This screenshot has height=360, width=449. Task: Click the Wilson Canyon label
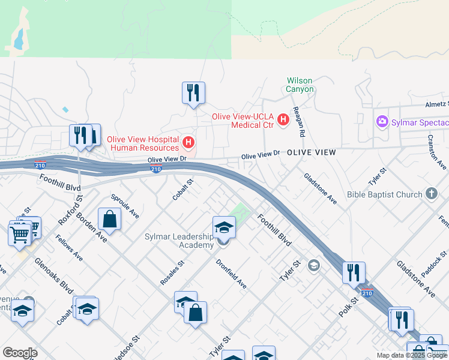click(x=300, y=85)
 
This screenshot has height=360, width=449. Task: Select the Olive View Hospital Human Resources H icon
click(x=189, y=143)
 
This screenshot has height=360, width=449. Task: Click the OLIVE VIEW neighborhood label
click(x=311, y=153)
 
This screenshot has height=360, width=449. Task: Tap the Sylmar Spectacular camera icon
click(x=382, y=122)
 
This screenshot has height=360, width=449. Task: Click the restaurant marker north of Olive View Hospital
click(x=193, y=93)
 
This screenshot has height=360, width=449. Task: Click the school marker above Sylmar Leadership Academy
click(x=224, y=227)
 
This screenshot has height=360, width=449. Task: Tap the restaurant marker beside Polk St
click(x=354, y=272)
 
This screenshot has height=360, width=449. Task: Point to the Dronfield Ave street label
click(x=231, y=273)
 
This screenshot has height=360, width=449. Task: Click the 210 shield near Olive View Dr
click(x=155, y=169)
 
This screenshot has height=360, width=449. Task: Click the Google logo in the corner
click(x=20, y=353)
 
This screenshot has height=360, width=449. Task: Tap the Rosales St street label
click(x=172, y=272)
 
